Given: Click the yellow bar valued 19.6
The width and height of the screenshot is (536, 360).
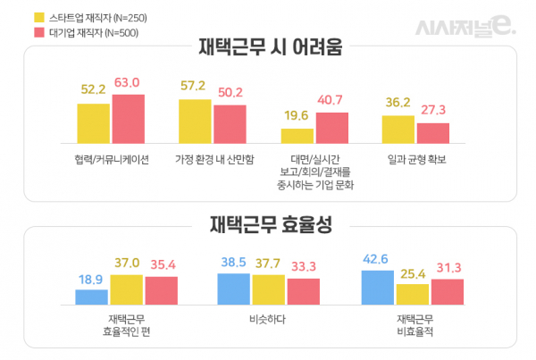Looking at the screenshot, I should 297,136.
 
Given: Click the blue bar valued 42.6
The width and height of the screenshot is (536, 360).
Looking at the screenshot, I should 378,288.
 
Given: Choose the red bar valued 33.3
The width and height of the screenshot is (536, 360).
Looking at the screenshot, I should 303,292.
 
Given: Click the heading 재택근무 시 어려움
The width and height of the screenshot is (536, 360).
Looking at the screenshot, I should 269,47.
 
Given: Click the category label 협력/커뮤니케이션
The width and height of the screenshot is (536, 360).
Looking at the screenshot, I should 111,159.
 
